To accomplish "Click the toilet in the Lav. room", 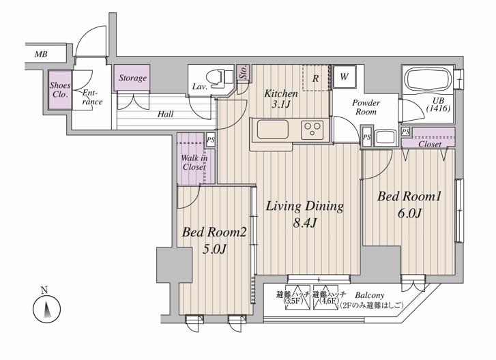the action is pos(219,78).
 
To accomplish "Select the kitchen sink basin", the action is pos(273,130).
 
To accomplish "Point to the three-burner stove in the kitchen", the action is pos(312,130).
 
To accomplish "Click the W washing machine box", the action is pos(344,76).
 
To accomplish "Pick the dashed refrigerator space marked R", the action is pos(316,78).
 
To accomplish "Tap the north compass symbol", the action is pos(46,309).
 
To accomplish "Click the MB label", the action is pos(41,55).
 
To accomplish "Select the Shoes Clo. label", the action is pos(60,90).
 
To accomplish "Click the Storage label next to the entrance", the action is pos(132,78).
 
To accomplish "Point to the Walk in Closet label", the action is pos(194,162).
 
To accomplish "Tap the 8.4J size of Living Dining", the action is pos(304,223).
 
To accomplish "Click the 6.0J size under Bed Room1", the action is pos(409,213).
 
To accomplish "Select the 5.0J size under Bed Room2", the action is pos(214,250).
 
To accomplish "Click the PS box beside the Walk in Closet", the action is pos(210,139).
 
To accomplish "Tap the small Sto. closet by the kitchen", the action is pos(244,72).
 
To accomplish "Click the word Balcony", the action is pos(370,295).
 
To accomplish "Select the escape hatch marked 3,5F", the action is pos(293,298).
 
